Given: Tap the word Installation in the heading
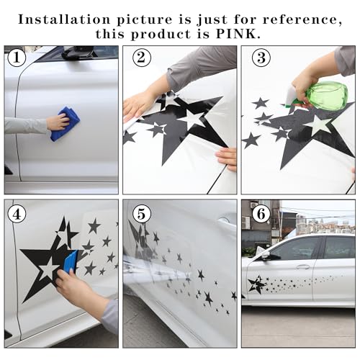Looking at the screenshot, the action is pos(64,19).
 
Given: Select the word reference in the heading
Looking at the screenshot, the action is pos(302,19).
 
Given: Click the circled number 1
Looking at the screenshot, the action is pos(17,58).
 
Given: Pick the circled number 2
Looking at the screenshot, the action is pos(142,58).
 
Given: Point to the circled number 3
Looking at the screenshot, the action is pos(261,58).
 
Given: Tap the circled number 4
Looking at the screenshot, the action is pos(17,214).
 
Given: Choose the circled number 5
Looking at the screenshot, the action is pos(142,214).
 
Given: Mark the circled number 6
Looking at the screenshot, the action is pos(261,214).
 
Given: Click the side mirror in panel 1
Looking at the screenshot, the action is pos(77,53).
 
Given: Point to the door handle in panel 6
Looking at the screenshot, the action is pos(303,266).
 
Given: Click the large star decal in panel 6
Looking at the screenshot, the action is pos(256,285).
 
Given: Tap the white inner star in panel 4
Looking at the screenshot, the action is pos(48,269).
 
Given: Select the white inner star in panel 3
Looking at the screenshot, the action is pos(320,125).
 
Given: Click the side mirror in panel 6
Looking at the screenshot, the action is pos(271,256).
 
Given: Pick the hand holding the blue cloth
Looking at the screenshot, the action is pos(58,122).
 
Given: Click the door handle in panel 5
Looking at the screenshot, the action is pos(225,219).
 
